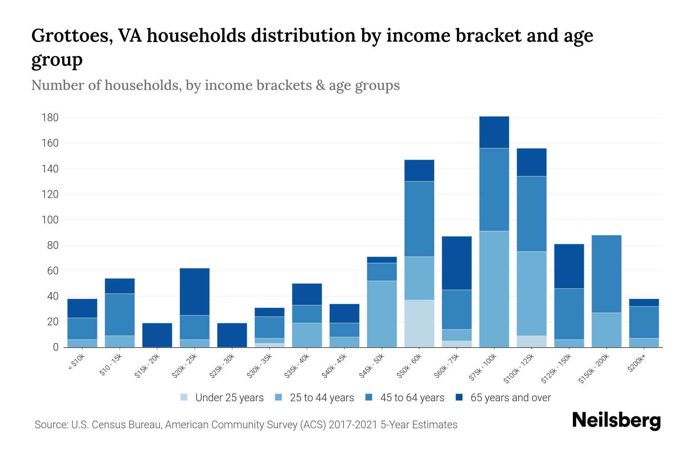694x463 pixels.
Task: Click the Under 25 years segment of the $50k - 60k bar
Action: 419,323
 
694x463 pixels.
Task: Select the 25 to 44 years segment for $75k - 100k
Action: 494,289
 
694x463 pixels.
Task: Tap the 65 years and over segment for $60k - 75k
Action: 456,263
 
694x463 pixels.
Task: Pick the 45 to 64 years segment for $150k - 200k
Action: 606,274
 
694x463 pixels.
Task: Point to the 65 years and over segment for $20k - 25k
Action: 194,292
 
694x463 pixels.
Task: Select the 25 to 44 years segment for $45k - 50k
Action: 382,314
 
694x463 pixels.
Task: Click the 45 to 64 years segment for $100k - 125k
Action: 531,214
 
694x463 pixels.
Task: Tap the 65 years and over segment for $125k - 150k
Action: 569,266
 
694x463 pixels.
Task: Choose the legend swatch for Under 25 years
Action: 184,397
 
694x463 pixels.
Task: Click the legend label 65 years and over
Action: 510,398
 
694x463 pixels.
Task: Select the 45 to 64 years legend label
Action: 412,398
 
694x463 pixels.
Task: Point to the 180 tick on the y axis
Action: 50,118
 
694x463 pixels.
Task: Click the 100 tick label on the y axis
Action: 50,220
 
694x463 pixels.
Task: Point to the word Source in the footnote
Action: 51,425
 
